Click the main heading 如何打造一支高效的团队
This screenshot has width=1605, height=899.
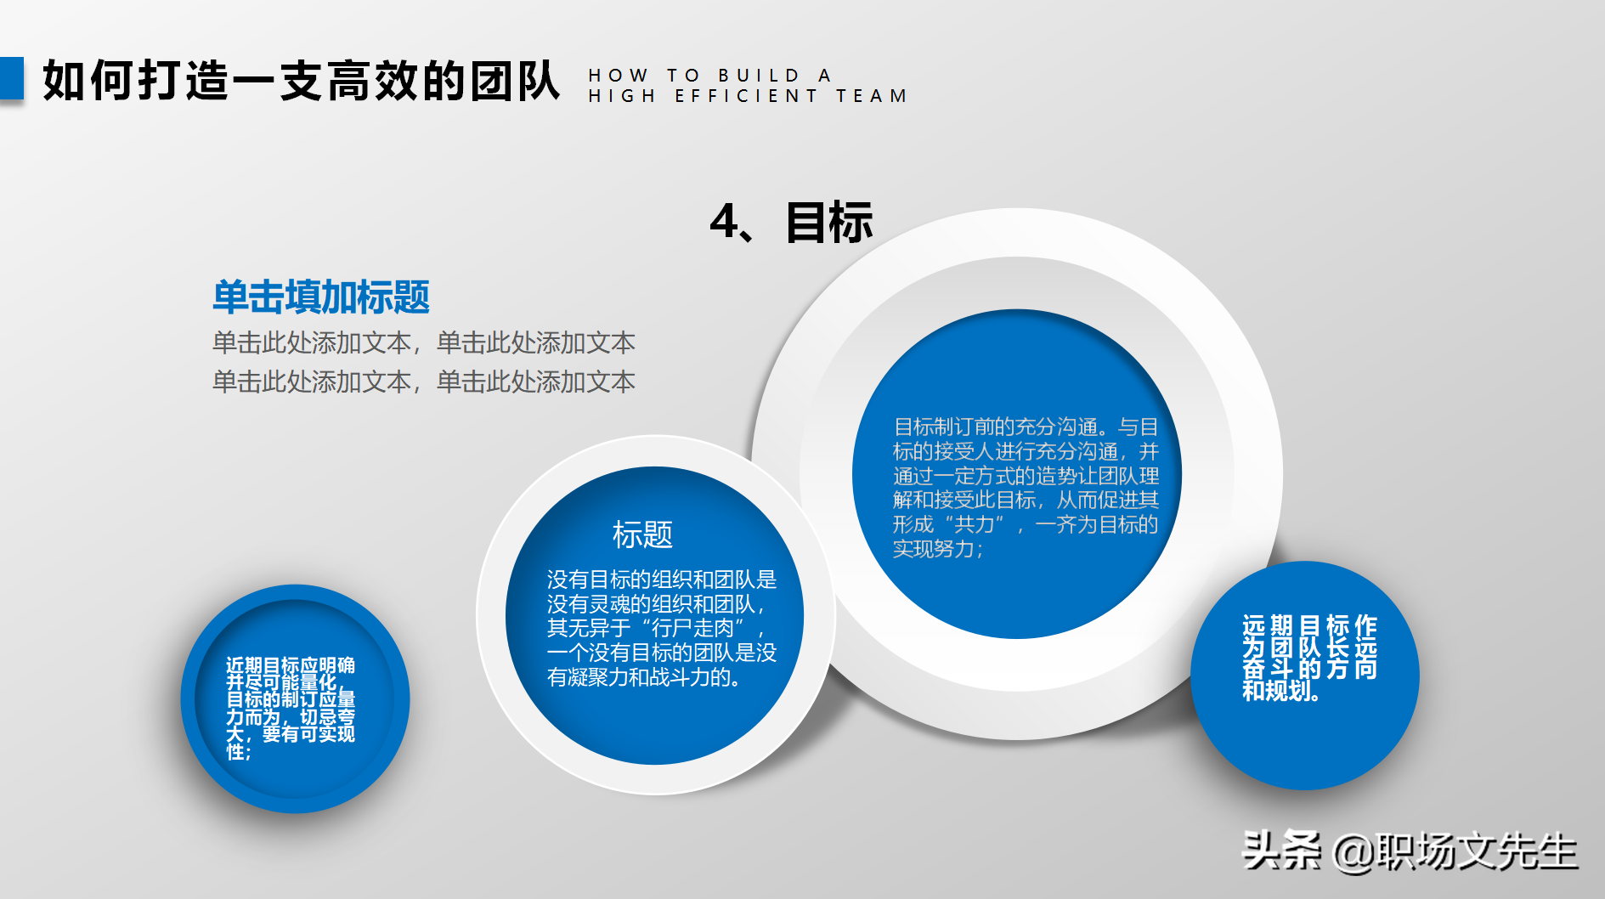pyautogui.click(x=301, y=82)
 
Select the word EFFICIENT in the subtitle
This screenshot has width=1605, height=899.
pyautogui.click(x=747, y=96)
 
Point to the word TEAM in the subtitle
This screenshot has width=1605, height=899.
pyautogui.click(x=872, y=96)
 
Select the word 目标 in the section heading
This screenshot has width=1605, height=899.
pyautogui.click(x=829, y=223)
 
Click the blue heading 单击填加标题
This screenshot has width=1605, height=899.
pyautogui.click(x=321, y=297)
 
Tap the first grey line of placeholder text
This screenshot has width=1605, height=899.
pyautogui.click(x=423, y=342)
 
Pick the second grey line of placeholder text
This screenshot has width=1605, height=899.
pyautogui.click(x=423, y=382)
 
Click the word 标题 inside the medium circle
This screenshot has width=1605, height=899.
pyautogui.click(x=642, y=534)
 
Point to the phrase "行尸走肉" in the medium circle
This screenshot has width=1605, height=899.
pyautogui.click(x=698, y=628)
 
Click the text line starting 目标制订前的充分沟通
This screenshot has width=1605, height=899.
pyautogui.click(x=1026, y=427)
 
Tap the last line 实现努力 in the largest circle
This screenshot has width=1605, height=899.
pyautogui.click(x=937, y=549)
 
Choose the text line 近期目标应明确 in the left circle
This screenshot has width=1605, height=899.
pyautogui.click(x=291, y=664)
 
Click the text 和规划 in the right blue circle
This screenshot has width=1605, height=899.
pyautogui.click(x=1279, y=691)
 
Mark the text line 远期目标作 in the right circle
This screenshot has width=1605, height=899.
pyautogui.click(x=1309, y=626)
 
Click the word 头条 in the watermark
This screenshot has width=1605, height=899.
pyautogui.click(x=1281, y=851)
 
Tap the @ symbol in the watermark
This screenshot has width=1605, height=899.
pyautogui.click(x=1354, y=852)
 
